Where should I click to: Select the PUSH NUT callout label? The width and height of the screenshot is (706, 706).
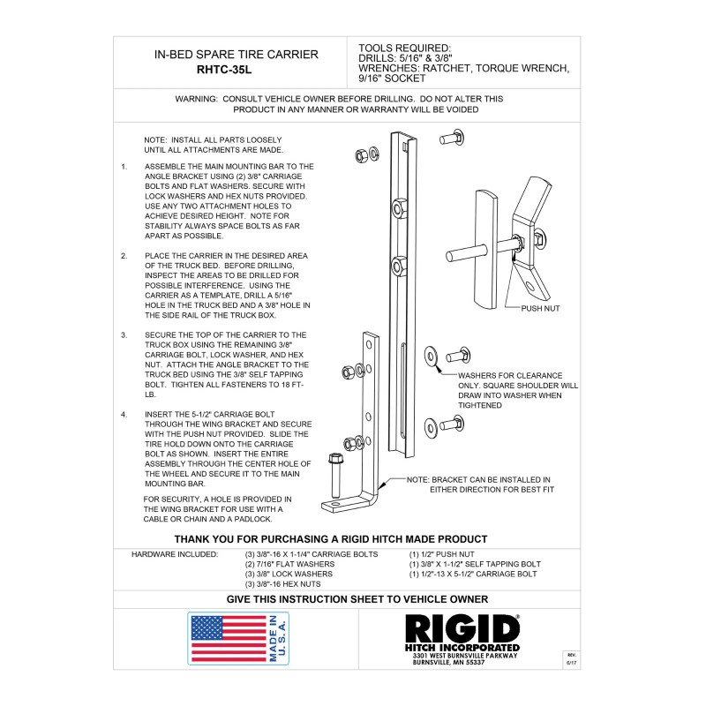pos(541,308)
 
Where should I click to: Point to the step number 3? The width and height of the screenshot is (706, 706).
pos(124,335)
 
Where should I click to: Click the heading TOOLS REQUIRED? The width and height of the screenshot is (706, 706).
pos(405,48)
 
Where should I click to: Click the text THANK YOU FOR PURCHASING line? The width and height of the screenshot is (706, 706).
pos(330,538)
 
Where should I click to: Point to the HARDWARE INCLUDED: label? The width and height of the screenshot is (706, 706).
pos(175,554)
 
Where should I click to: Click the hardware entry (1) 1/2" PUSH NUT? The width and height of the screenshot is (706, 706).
pos(447,554)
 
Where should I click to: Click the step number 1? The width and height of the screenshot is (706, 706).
pos(124,166)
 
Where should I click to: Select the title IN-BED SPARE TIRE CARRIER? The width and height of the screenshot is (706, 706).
pos(236,55)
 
